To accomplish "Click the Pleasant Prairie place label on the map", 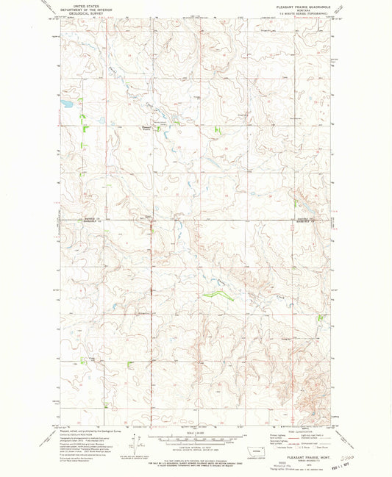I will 146,130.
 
